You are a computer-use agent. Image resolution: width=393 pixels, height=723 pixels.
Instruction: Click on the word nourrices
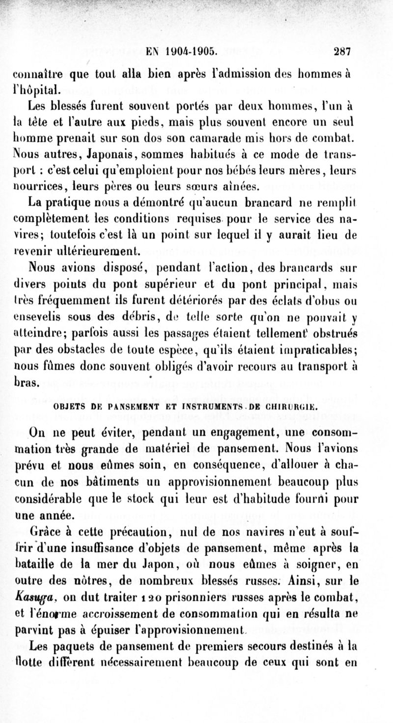click(40, 185)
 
